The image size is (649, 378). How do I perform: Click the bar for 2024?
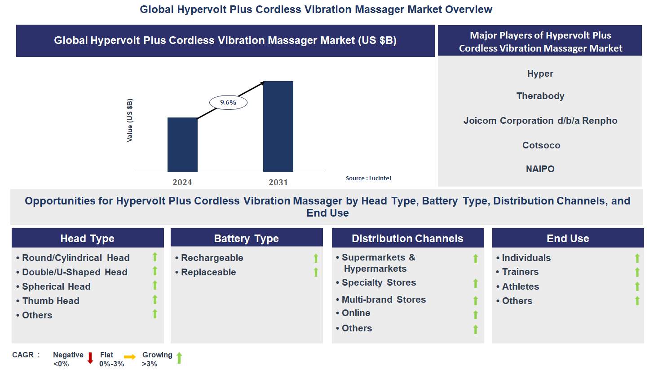coord(182,144)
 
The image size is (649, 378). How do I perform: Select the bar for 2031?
coord(278,126)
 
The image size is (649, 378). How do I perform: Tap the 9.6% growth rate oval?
coord(228,103)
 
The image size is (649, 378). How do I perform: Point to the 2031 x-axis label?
coord(278,182)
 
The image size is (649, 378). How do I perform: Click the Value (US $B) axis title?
coord(130,120)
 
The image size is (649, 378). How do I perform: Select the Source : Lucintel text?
coord(368,178)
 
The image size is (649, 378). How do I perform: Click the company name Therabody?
coord(540,96)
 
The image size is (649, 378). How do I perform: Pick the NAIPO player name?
coord(540,169)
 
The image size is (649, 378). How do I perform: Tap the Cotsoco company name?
coord(541,145)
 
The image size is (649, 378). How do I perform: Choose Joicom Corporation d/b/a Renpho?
coord(540,121)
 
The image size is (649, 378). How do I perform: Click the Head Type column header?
coord(88,239)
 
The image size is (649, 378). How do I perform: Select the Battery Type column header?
coord(246,239)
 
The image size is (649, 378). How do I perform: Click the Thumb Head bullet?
coord(51,301)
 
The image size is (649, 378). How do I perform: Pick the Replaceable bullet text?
coord(208,272)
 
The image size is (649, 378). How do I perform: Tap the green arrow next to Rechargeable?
coord(316,258)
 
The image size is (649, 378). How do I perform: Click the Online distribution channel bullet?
coord(356,313)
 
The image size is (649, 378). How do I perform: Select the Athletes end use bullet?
coord(520,287)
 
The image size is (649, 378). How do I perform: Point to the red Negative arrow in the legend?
coord(90,358)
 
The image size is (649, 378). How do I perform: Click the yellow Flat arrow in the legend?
coord(130,357)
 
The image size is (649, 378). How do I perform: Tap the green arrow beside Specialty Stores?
coord(475,283)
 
